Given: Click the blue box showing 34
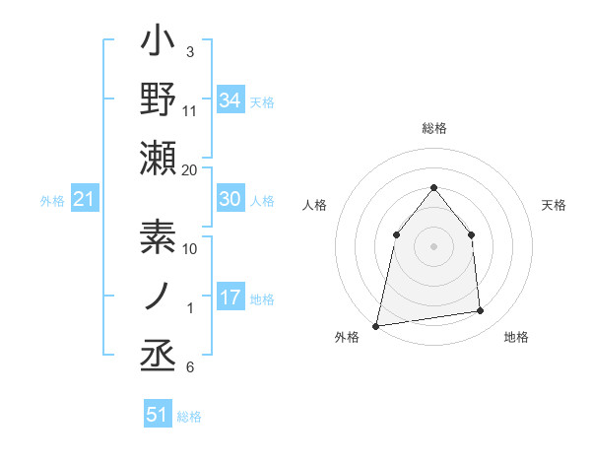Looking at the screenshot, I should pos(230,100).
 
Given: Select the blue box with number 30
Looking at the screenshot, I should pos(230,199).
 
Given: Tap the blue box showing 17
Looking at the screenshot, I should pos(230,298).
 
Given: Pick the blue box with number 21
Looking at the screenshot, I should pos(85,200).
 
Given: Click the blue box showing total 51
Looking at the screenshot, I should pos(158,415).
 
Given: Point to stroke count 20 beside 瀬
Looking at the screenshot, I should pos(190,170).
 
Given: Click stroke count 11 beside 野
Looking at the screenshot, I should pos(190,110).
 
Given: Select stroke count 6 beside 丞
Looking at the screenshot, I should pos(190,368).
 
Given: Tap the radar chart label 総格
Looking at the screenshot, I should pos(434,128).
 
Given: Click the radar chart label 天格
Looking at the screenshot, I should pos(555,205).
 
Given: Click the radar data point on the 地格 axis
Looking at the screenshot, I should pos(481,311).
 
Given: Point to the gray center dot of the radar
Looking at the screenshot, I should pos(433,246).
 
